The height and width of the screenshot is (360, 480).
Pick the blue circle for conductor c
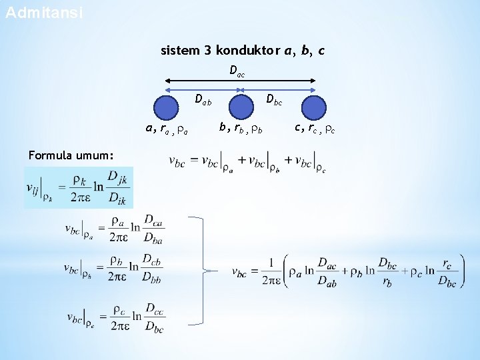[x=313, y=108]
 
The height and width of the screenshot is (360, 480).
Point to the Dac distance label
[x=237, y=71]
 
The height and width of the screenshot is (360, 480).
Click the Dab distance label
[x=203, y=101]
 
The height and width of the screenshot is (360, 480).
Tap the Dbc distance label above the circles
[x=273, y=101]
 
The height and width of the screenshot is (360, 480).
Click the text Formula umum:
[x=66, y=155]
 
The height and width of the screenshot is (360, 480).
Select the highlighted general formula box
[x=78, y=187]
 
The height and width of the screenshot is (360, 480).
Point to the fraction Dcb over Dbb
[x=153, y=269]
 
